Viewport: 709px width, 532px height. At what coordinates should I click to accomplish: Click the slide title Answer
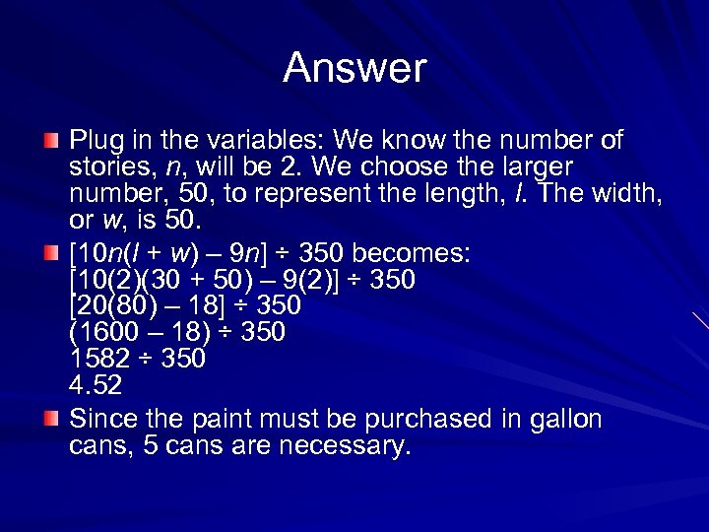[354, 69]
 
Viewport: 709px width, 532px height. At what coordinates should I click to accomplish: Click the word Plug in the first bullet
[96, 141]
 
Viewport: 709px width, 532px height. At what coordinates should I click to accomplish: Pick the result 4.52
[95, 384]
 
